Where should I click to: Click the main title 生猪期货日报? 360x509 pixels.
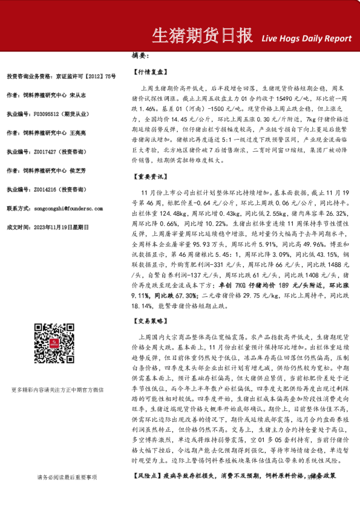coord(201,36)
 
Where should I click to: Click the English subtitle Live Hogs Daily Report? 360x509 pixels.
coord(306,38)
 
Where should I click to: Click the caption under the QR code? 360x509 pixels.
coord(65,389)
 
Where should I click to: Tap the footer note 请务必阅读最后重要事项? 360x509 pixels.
coord(67,478)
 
